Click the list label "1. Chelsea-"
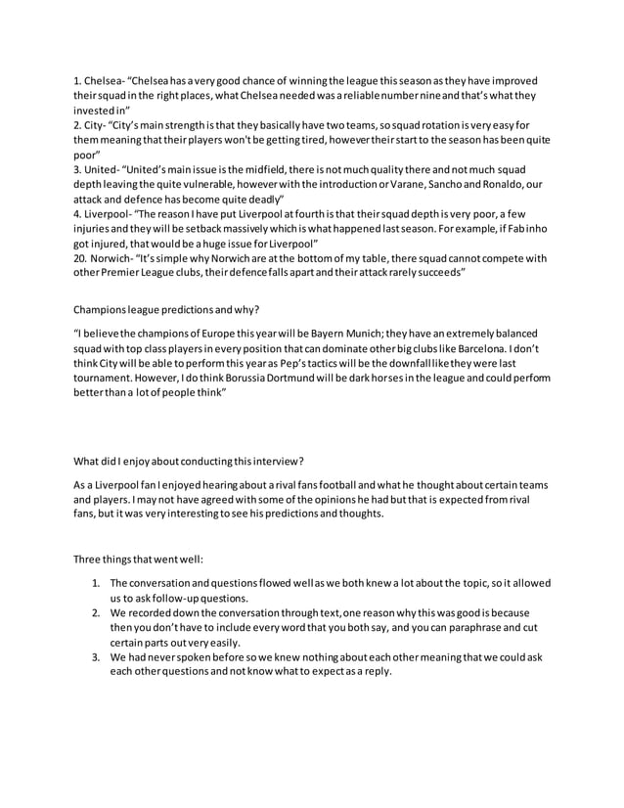coord(100,79)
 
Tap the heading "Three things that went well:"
coord(139,560)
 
